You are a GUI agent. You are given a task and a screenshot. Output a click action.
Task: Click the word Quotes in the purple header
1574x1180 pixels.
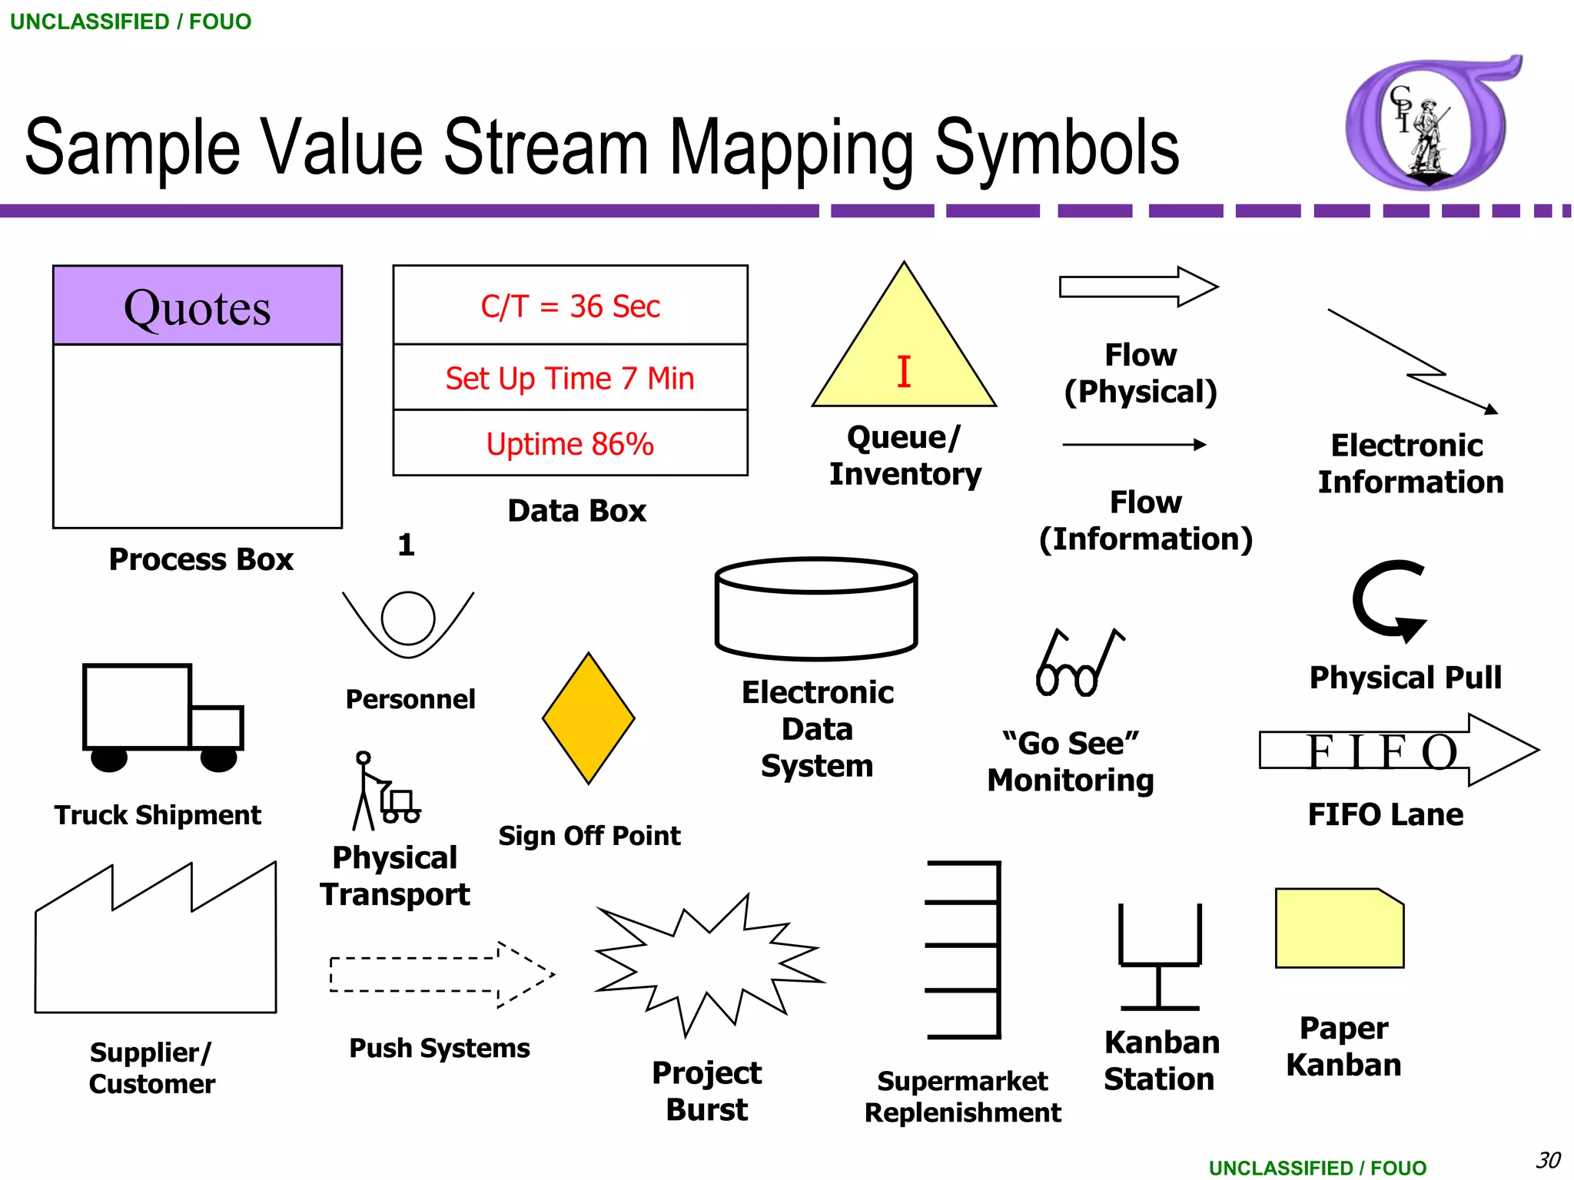coord(197,308)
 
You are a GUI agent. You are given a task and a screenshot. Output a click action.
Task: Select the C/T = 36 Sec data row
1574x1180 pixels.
coord(569,306)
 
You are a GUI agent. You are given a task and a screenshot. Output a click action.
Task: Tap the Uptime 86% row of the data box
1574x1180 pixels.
coord(569,444)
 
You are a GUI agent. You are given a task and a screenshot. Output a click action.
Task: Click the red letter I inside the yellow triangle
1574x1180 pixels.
coord(904,372)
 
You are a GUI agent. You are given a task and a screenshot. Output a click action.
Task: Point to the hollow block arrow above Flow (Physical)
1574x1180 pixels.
coord(1137,287)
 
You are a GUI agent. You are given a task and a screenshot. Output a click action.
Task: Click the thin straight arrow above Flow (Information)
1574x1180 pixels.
coord(1134,444)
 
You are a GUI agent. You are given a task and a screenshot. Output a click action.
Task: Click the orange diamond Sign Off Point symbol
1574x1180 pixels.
coord(589,718)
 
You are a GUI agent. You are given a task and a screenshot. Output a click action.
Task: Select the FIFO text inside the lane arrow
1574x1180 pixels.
coord(1381,751)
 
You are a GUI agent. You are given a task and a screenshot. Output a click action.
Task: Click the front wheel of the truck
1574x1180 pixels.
coord(218,759)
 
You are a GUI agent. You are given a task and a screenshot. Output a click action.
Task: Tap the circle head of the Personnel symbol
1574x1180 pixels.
coord(407,618)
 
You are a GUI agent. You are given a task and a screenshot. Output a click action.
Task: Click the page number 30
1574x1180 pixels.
coord(1547,1159)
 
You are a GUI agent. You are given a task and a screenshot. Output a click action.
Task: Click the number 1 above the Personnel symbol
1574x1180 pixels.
coord(406,545)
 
